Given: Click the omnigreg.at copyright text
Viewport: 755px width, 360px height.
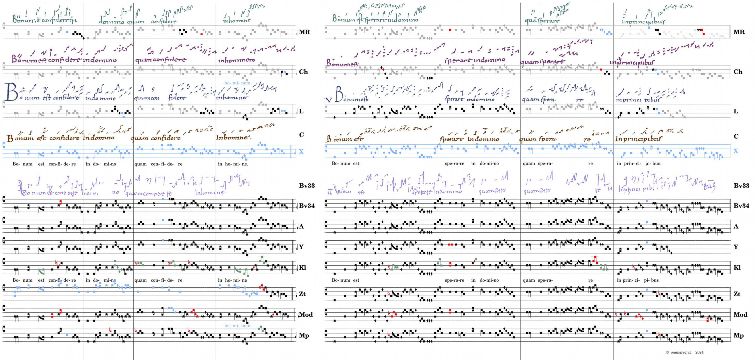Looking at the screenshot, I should [x=680, y=352].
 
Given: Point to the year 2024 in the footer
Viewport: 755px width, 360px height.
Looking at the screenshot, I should [x=699, y=352].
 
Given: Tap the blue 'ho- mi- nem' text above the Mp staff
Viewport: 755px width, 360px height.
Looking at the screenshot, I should [x=237, y=325].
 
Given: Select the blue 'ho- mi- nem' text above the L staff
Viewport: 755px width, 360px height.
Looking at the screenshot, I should [x=237, y=83].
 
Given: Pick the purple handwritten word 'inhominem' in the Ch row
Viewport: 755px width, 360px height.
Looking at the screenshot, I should [x=236, y=60].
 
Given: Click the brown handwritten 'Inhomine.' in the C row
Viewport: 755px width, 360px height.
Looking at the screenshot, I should [x=233, y=137].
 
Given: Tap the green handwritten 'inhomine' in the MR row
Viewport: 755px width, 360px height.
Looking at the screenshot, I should [x=237, y=20].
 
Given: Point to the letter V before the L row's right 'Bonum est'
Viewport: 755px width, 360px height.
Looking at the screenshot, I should [x=328, y=100].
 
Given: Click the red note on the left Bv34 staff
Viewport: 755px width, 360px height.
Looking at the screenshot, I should [x=61, y=202].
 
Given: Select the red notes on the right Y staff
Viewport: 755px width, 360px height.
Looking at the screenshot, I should [x=451, y=244].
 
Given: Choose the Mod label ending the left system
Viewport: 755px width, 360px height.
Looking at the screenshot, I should [x=306, y=315].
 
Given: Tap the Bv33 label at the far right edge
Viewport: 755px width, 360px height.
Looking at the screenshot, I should [x=741, y=185].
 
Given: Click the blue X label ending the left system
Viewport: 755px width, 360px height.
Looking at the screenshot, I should [x=301, y=151].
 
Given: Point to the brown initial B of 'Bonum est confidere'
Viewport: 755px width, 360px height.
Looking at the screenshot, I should [x=10, y=138].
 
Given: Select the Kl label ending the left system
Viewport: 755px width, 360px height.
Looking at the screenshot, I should [x=302, y=267].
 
